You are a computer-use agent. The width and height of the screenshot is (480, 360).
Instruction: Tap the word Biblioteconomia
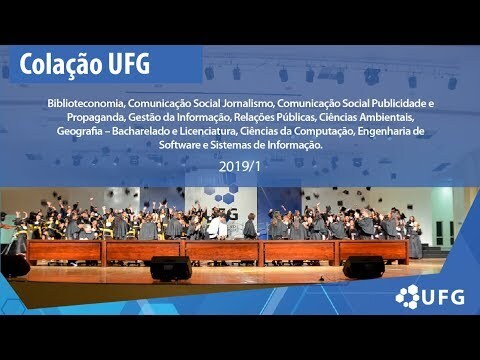(x=86, y=104)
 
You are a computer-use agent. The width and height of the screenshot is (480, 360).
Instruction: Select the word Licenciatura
(x=207, y=131)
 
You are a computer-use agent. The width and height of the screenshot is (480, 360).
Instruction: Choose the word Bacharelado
(x=141, y=131)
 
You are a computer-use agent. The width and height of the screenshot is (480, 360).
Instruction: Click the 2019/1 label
(x=239, y=167)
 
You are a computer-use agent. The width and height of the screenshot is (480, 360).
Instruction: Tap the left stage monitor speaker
(x=171, y=268)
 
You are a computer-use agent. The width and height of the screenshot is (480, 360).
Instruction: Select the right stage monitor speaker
(x=364, y=267)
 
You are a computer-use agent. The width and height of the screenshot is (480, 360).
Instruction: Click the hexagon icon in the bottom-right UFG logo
(x=407, y=297)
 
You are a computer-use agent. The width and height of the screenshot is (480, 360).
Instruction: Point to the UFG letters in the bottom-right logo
(x=443, y=297)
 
